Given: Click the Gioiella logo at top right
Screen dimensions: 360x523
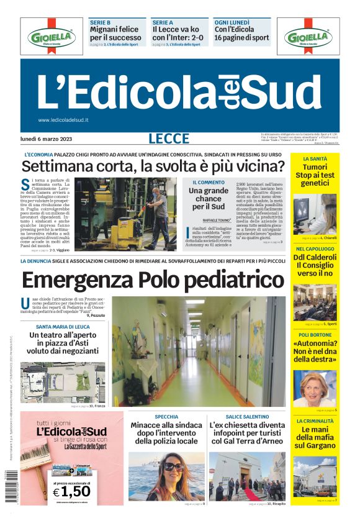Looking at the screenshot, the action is coord(308,36).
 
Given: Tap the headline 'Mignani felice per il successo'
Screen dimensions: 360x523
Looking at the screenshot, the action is coord(115,33).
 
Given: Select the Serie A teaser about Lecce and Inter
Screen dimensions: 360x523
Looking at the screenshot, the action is coord(176,33).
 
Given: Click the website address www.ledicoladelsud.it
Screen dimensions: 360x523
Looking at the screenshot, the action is coord(63,120).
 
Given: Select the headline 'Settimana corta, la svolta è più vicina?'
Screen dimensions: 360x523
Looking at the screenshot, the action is coord(153,166).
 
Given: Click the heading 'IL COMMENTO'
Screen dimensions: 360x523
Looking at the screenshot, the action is coord(209,182).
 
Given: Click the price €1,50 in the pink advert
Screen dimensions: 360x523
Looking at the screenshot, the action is coord(72,491).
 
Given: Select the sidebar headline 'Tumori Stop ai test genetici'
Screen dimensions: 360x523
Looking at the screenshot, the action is coord(315,176).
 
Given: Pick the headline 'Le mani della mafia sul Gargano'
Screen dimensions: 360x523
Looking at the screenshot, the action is coord(315,437).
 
